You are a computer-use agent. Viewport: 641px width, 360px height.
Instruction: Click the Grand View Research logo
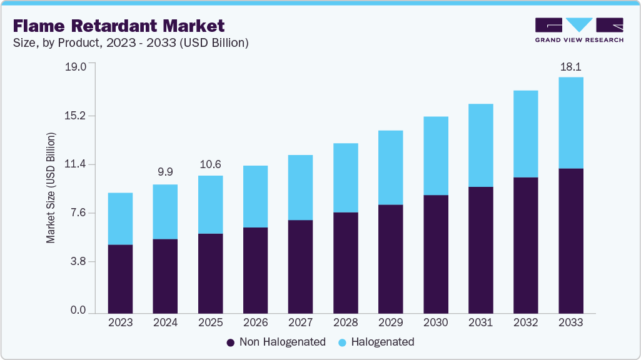tap(579, 30)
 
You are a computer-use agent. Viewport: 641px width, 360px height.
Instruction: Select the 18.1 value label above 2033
tap(570, 67)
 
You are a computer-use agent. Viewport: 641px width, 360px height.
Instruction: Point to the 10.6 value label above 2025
tap(210, 165)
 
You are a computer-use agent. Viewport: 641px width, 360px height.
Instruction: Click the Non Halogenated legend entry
tap(276, 342)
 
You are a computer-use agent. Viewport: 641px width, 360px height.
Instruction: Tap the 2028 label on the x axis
tap(345, 322)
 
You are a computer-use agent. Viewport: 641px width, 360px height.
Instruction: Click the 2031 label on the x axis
tap(480, 322)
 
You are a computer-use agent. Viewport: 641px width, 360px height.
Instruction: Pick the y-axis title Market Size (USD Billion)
tap(51, 188)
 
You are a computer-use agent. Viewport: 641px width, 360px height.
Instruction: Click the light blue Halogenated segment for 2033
tap(570, 122)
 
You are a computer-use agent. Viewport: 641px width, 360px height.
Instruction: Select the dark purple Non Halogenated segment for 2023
tap(120, 279)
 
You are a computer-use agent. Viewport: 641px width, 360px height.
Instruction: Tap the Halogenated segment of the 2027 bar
tap(300, 187)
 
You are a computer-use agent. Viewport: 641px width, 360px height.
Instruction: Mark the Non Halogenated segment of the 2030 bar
tap(435, 254)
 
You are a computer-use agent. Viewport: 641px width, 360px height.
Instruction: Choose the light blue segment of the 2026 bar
tap(255, 196)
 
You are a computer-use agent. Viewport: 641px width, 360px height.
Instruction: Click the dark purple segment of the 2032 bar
tap(525, 245)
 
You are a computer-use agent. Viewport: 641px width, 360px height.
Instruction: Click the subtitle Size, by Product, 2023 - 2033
tap(131, 43)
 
